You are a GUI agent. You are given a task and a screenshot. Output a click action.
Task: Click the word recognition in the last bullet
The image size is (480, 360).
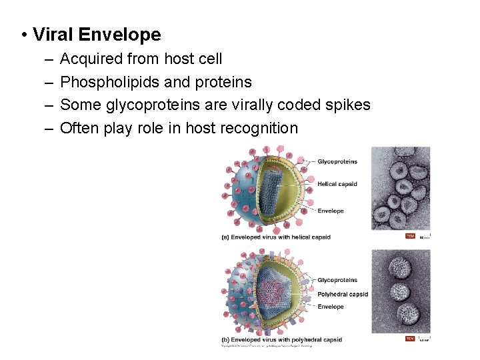pyautogui.click(x=258, y=128)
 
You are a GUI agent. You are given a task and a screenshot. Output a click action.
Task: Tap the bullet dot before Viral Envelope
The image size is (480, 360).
pyautogui.click(x=23, y=35)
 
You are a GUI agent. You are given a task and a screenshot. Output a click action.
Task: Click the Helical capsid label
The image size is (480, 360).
pyautogui.click(x=337, y=184)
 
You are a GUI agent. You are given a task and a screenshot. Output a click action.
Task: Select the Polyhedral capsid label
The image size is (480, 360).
pyautogui.click(x=342, y=294)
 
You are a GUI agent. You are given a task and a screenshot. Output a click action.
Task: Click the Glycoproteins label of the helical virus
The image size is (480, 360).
pyautogui.click(x=337, y=161)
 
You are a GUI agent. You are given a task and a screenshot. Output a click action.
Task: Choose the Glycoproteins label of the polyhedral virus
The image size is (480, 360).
pyautogui.click(x=337, y=280)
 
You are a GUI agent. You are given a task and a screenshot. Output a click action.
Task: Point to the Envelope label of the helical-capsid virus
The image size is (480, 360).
pyautogui.click(x=331, y=211)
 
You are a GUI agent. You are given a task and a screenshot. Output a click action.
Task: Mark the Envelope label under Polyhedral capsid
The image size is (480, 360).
pyautogui.click(x=331, y=307)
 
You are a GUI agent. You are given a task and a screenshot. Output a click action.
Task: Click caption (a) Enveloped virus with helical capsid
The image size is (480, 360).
pyautogui.click(x=276, y=237)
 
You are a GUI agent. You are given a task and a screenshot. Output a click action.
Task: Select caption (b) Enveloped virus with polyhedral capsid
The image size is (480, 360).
pyautogui.click(x=281, y=339)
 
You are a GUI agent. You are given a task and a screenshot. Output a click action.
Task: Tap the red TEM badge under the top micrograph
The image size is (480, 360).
pyautogui.click(x=410, y=236)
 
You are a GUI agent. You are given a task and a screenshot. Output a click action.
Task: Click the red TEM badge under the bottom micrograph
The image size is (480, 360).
pyautogui.click(x=410, y=339)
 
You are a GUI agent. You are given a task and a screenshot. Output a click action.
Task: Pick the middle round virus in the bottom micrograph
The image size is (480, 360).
pyautogui.click(x=399, y=292)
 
